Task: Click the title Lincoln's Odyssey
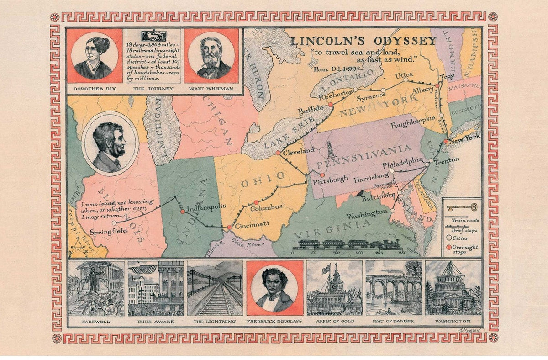(364, 41)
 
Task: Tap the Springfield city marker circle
(114, 223)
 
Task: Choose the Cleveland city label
(299, 150)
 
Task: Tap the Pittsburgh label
(330, 179)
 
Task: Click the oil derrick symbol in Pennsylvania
(330, 149)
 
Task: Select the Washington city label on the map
(366, 213)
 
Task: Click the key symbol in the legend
(461, 206)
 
